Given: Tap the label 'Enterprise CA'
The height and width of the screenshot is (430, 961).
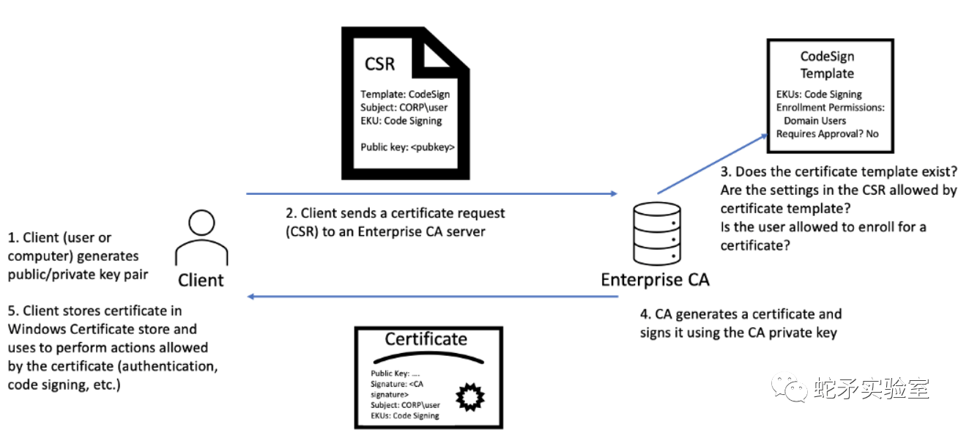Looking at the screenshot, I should (655, 280).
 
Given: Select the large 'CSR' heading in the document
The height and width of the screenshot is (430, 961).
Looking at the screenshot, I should (379, 64).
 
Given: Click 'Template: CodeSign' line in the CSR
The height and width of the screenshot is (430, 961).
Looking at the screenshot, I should (405, 94).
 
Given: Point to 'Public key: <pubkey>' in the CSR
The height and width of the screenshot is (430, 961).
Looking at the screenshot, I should (407, 147).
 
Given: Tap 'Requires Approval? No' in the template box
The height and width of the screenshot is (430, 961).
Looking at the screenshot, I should (827, 134).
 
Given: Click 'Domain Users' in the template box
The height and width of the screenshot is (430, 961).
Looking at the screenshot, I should (815, 121).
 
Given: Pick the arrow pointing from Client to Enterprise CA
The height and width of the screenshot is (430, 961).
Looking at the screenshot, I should (432, 194).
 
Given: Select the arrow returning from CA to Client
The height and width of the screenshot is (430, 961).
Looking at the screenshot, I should (432, 297).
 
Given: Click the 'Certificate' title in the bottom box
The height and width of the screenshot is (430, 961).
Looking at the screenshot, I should (426, 339).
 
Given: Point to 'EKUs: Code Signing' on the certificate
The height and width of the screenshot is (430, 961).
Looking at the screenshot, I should (404, 415).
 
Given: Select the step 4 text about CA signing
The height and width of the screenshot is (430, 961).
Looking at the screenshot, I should (741, 323).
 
